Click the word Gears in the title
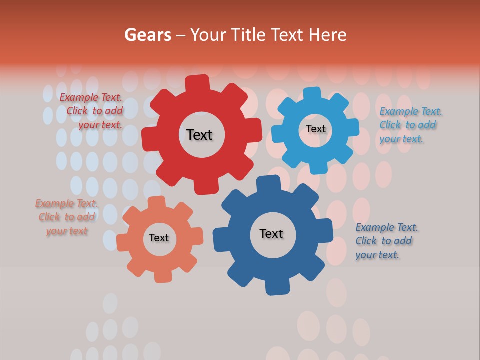click(148, 35)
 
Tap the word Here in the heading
click(327, 35)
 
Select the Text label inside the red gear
click(199, 135)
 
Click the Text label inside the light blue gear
click(315, 129)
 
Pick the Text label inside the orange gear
click(159, 238)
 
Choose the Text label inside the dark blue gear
click(271, 233)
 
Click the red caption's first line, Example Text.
click(91, 97)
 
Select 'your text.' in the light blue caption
click(401, 139)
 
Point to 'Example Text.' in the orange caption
click(66, 203)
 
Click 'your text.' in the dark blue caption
click(377, 255)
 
